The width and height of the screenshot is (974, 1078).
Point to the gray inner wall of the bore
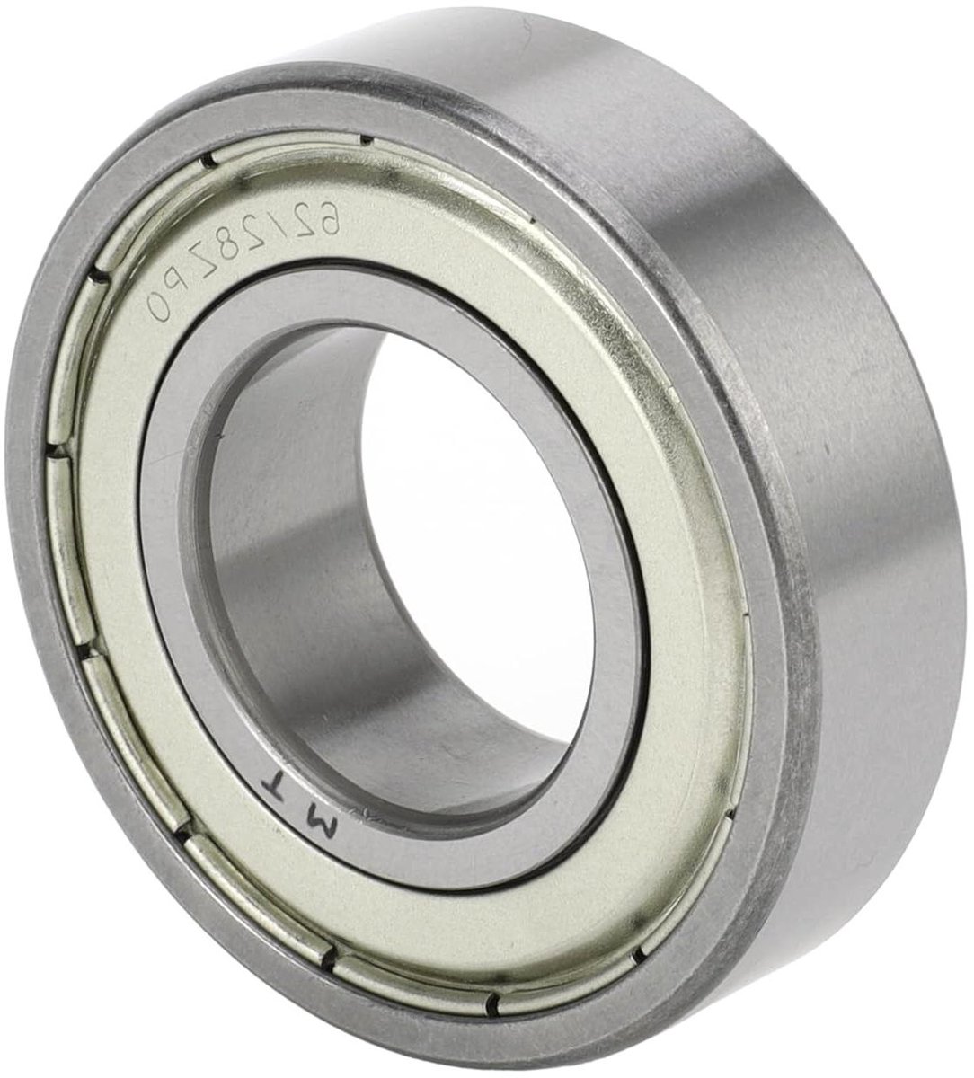click(297, 503)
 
